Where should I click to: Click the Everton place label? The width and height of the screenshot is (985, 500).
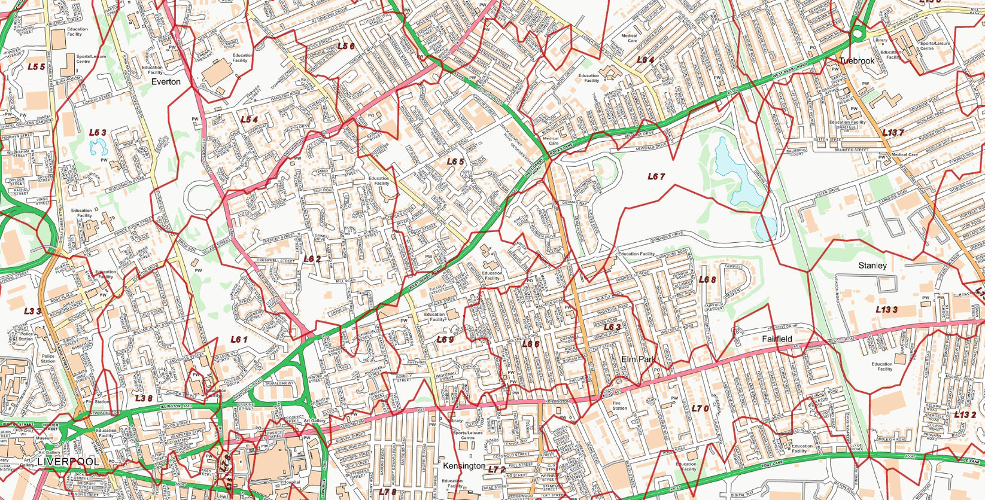165,82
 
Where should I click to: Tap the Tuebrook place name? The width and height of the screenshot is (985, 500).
856,61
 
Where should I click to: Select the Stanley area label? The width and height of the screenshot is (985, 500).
872,266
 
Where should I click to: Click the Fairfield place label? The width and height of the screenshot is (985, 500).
777,339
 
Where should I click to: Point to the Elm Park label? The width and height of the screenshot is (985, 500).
639,359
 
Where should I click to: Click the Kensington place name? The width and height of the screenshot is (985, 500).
464,465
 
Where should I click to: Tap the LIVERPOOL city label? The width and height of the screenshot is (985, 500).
68,462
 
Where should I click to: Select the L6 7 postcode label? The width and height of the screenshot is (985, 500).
656,176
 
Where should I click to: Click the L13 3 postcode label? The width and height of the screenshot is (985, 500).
886,310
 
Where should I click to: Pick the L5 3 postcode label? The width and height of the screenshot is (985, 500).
98,133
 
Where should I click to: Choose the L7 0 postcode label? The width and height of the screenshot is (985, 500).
700,408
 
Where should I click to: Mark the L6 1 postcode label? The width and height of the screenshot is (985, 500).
239,339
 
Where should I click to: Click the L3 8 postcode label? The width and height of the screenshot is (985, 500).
143,398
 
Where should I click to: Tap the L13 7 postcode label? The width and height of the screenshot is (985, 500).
892,133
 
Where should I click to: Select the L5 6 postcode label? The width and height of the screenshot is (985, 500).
346,46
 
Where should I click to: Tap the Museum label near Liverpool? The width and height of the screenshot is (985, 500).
45,438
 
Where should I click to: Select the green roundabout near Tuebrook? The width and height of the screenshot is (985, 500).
858,34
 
